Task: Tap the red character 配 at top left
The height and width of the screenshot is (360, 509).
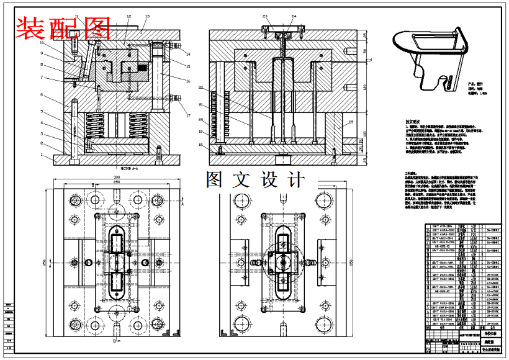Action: pyautogui.click(x=63, y=27)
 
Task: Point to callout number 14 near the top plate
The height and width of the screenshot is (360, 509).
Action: pyautogui.click(x=187, y=55)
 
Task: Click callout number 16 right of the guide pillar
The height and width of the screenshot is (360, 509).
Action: pyautogui.click(x=187, y=81)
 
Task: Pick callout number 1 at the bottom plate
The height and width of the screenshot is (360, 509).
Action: pyautogui.click(x=42, y=155)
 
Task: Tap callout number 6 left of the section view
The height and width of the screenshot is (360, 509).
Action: pyautogui.click(x=42, y=95)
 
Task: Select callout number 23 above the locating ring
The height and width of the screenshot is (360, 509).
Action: pyautogui.click(x=265, y=16)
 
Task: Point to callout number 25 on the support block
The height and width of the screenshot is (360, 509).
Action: pyautogui.click(x=351, y=122)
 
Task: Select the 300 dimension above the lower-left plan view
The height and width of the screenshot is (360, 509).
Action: pyautogui.click(x=116, y=177)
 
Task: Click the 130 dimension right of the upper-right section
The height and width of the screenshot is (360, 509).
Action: pyautogui.click(x=365, y=86)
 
